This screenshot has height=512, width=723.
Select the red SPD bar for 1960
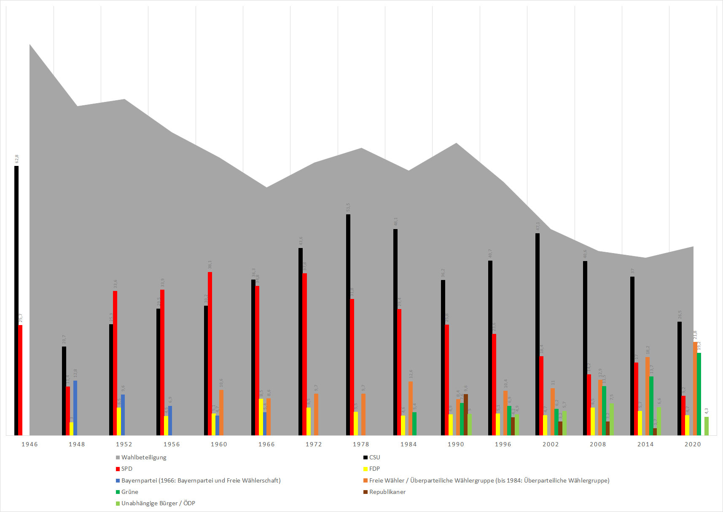tap(210, 353)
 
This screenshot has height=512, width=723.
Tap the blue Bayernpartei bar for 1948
tap(75, 408)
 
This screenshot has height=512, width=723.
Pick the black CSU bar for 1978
tap(348, 325)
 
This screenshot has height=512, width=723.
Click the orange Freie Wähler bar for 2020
tap(695, 388)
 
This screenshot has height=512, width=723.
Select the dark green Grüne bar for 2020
tap(699, 394)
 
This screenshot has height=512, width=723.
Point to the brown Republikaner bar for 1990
tap(466, 414)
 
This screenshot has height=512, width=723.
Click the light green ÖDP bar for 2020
tap(707, 426)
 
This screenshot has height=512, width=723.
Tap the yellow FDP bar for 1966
tap(261, 417)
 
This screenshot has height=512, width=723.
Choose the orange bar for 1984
tap(411, 408)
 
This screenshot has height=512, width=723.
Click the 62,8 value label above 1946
tap(17, 159)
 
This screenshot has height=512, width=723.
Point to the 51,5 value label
tap(348, 208)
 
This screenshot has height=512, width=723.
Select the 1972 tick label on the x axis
tap(314, 444)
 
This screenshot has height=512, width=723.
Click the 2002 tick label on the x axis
tap(551, 444)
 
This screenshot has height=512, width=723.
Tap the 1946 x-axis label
tap(30, 444)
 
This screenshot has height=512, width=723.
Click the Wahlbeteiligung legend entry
tap(143, 457)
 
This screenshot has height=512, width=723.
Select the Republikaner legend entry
tap(387, 492)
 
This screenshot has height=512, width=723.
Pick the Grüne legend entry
tap(129, 492)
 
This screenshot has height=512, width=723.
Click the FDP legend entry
tap(374, 469)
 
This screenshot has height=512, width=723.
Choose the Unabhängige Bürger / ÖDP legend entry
tap(158, 503)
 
